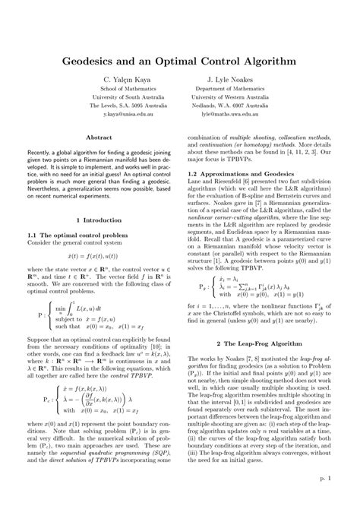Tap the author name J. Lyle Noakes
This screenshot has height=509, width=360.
(x=235, y=77)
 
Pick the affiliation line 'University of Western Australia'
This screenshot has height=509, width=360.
(x=235, y=96)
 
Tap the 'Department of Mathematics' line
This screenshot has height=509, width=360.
(x=235, y=88)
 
